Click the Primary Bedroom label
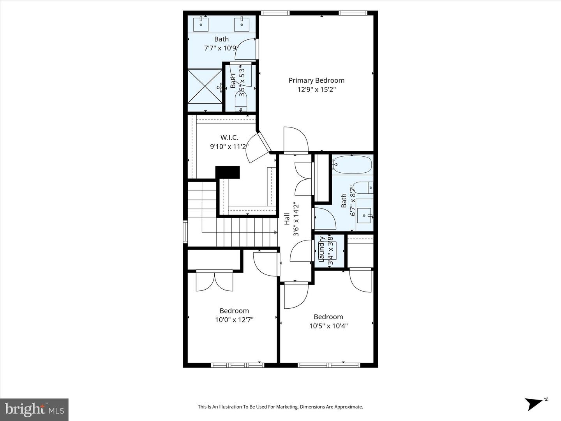click(316, 80)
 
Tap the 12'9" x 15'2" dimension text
click(316, 89)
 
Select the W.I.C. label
click(229, 137)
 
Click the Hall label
click(287, 219)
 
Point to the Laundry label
click(322, 248)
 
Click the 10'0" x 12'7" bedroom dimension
click(234, 320)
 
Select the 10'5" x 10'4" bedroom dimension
click(328, 326)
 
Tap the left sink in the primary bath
click(201, 24)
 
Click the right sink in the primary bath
click(242, 24)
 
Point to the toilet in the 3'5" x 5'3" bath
click(241, 105)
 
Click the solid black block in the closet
click(228, 172)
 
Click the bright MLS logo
click(34, 409)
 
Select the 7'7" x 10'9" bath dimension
click(221, 48)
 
